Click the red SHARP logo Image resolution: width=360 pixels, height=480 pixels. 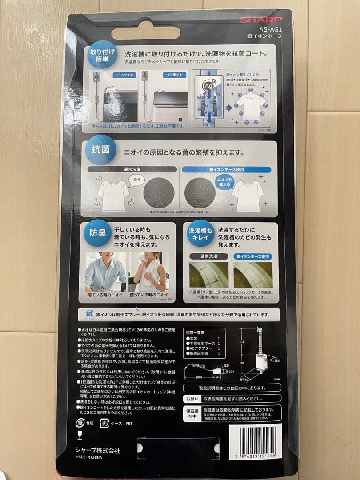pos(261,20)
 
